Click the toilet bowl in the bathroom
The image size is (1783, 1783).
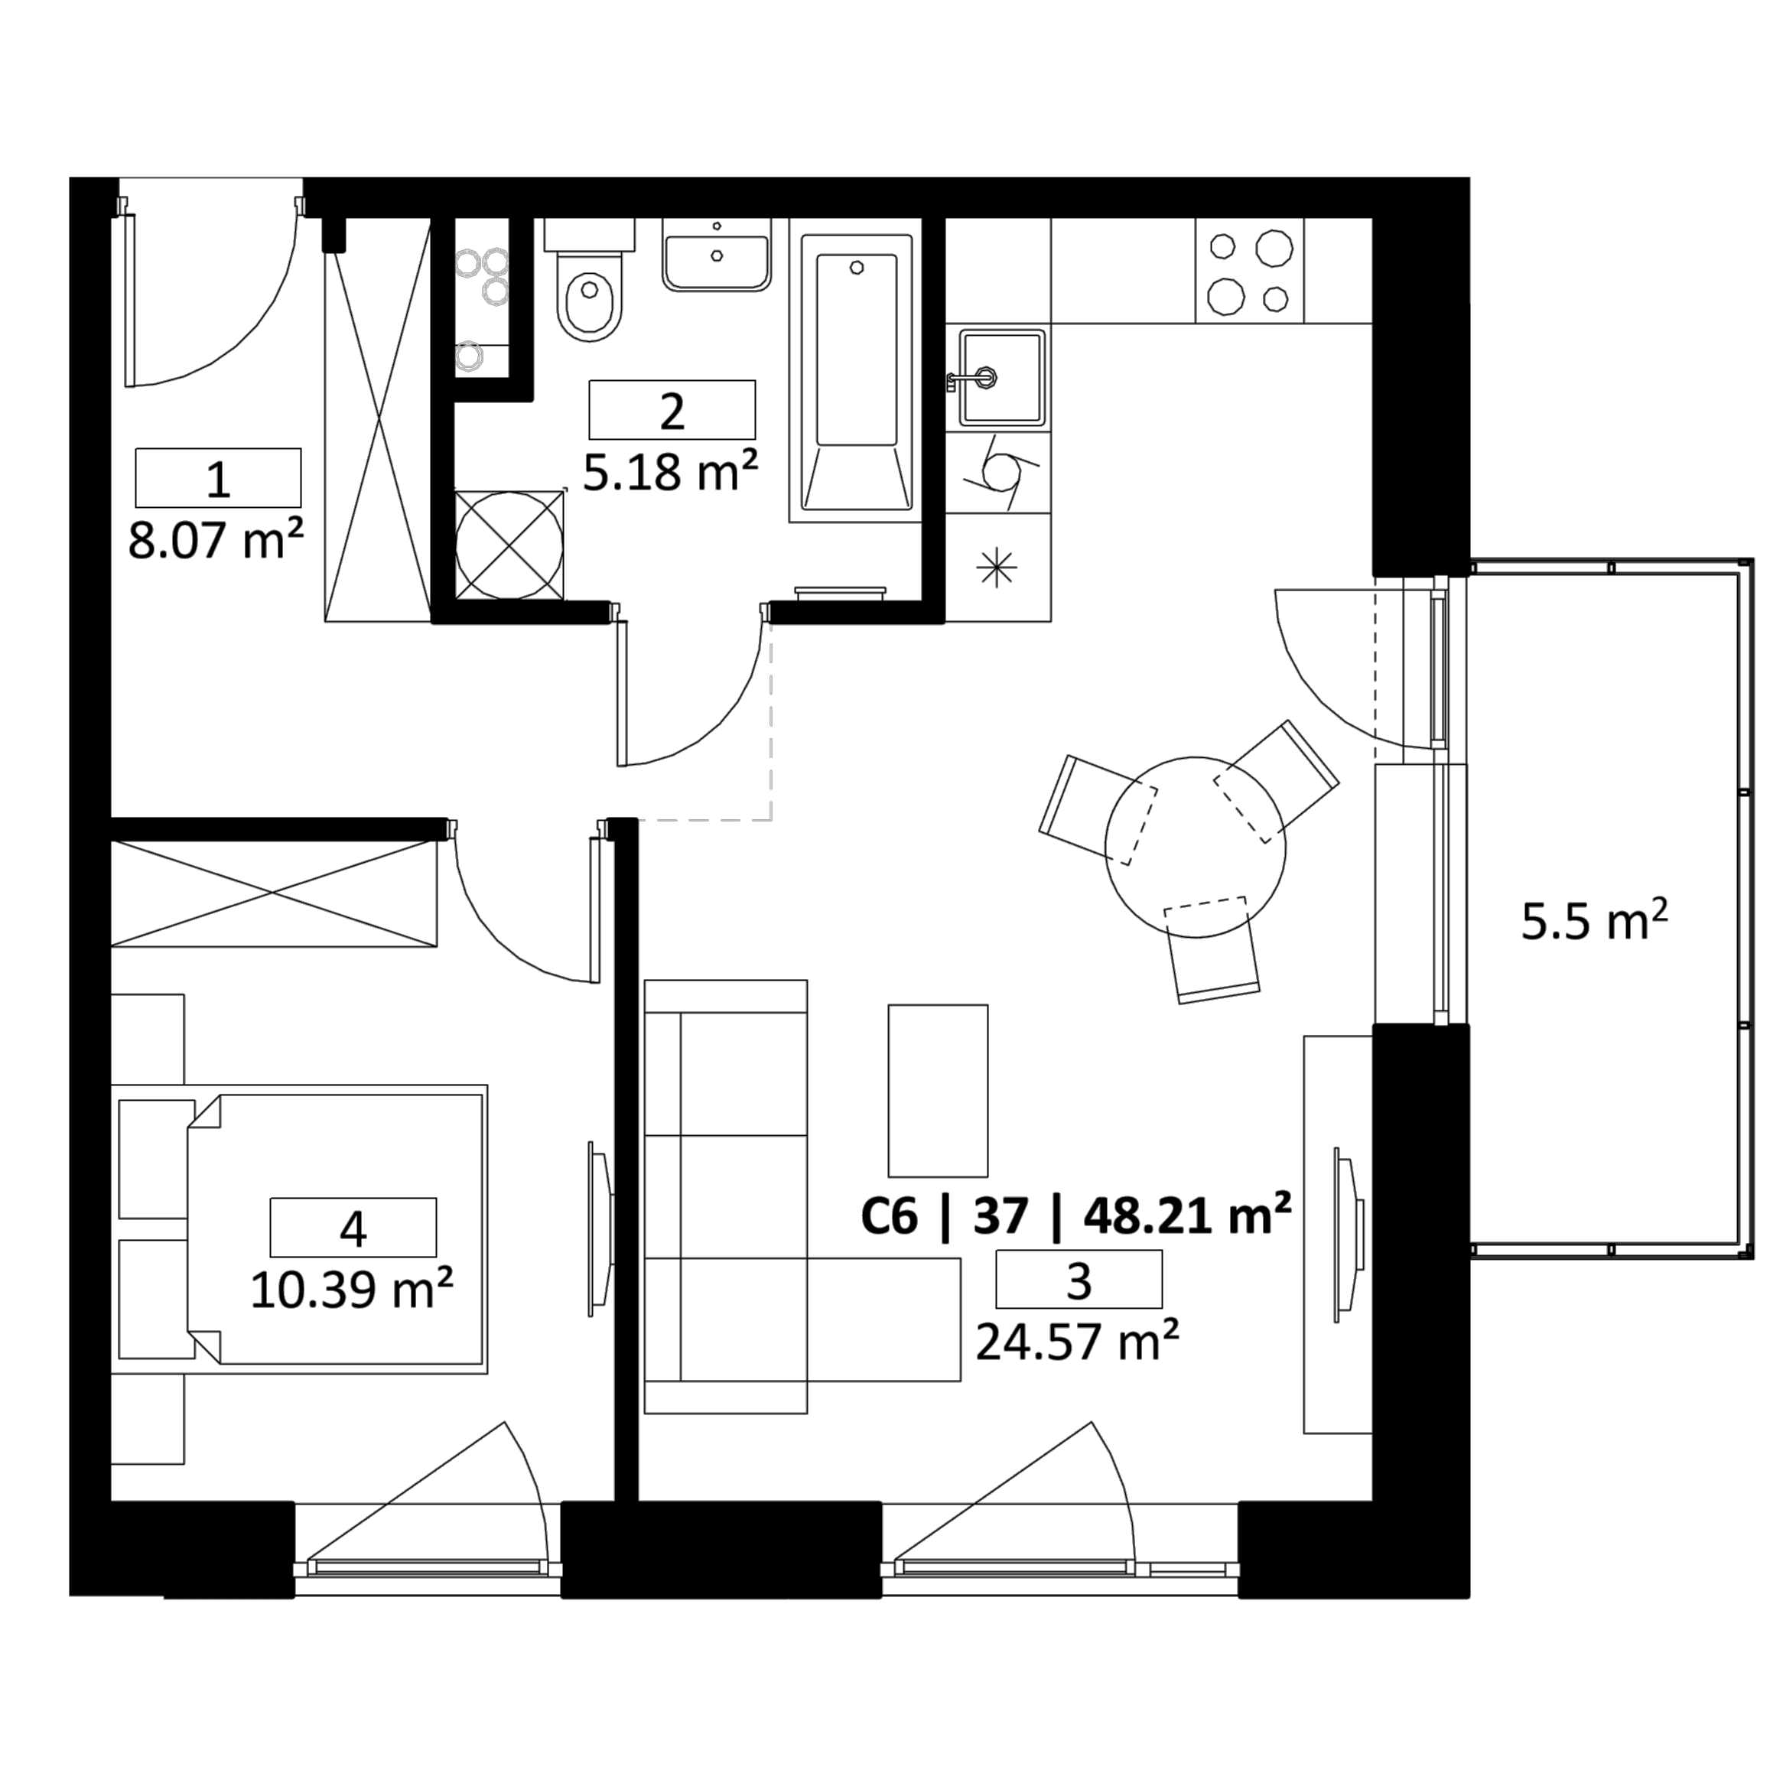(591, 304)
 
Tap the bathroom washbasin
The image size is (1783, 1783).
(716, 263)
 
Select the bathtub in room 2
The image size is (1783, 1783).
(857, 372)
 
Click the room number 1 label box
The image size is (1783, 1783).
(218, 478)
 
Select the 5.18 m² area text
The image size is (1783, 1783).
(671, 472)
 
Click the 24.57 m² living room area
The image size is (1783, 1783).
(1078, 1341)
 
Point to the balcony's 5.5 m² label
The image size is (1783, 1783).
(1595, 921)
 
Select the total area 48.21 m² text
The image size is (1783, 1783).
(1188, 1215)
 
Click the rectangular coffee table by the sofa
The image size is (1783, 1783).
(938, 1091)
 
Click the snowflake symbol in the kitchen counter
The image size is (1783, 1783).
(997, 567)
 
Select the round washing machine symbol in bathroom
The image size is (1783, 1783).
(509, 546)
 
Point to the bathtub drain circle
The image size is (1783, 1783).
(857, 268)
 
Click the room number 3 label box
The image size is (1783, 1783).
(1079, 1279)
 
